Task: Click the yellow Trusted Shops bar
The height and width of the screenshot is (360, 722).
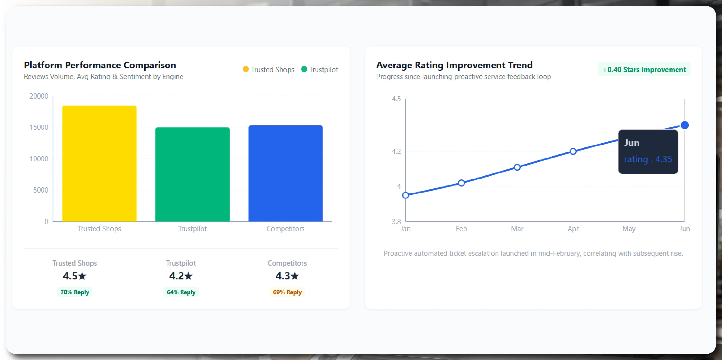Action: (x=99, y=164)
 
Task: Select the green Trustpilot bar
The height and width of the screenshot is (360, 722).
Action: (x=192, y=175)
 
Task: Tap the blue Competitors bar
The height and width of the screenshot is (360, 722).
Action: (x=285, y=173)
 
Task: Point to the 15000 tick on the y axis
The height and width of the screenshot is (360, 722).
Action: (x=39, y=127)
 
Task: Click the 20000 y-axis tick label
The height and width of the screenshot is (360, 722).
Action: (x=39, y=96)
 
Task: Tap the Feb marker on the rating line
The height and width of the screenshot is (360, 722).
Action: (x=461, y=183)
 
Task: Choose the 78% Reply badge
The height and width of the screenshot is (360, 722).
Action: (x=74, y=292)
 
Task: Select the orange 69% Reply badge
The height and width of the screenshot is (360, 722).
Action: (x=287, y=292)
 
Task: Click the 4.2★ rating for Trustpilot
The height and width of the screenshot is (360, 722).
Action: (x=181, y=276)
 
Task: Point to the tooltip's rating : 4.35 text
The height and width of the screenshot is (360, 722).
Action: (x=648, y=159)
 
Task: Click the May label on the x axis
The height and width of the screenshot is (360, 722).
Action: (x=629, y=229)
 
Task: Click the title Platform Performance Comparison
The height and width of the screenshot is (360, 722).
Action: (x=100, y=65)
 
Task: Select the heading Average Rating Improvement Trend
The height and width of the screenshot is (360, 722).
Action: (x=454, y=65)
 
